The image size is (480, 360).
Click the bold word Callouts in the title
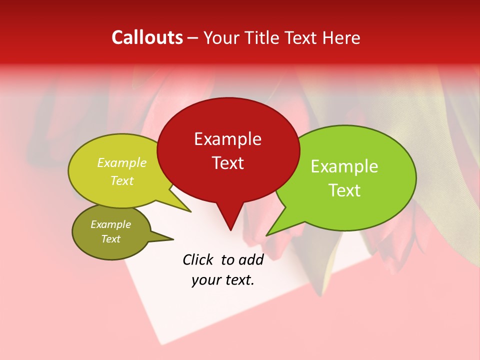click(147, 37)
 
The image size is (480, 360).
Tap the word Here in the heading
click(341, 37)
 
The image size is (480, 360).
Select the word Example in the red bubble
click(227, 139)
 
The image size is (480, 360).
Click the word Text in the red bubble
click(227, 162)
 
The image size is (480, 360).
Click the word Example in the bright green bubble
click(344, 166)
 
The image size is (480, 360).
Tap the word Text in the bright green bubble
click(344, 190)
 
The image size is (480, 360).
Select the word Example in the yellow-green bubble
click(122, 162)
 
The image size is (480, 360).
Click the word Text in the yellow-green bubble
click(122, 180)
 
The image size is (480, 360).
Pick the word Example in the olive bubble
click(110, 224)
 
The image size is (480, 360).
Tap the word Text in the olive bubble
click(110, 239)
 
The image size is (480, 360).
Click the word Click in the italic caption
click(198, 259)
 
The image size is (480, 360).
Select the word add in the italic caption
click(251, 259)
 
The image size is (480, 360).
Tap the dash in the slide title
click(193, 38)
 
